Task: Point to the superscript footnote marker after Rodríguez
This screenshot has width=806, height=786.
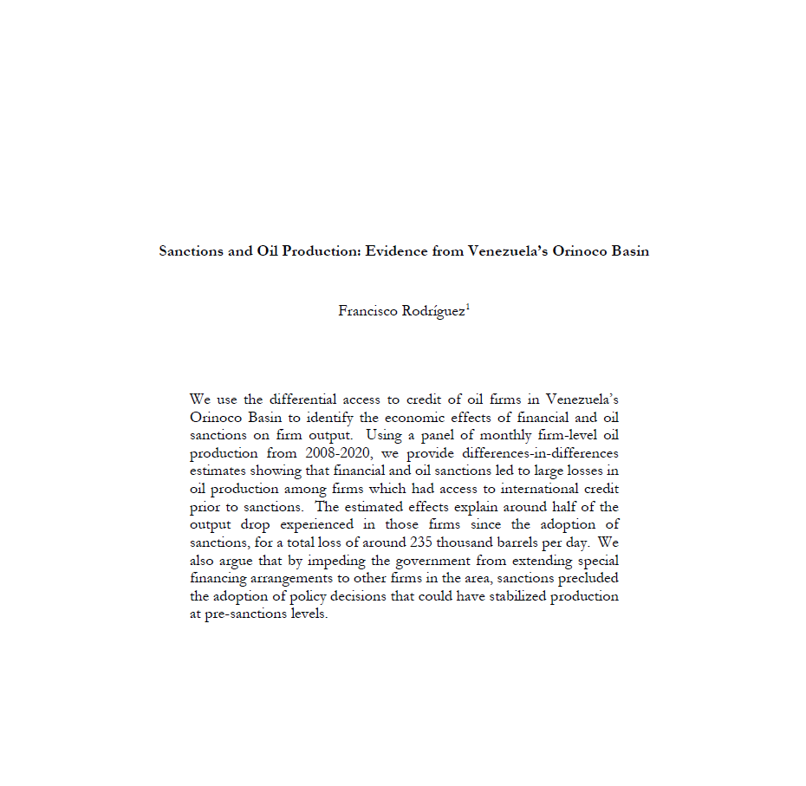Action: click(x=468, y=306)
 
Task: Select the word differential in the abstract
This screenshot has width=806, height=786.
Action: click(x=303, y=399)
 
